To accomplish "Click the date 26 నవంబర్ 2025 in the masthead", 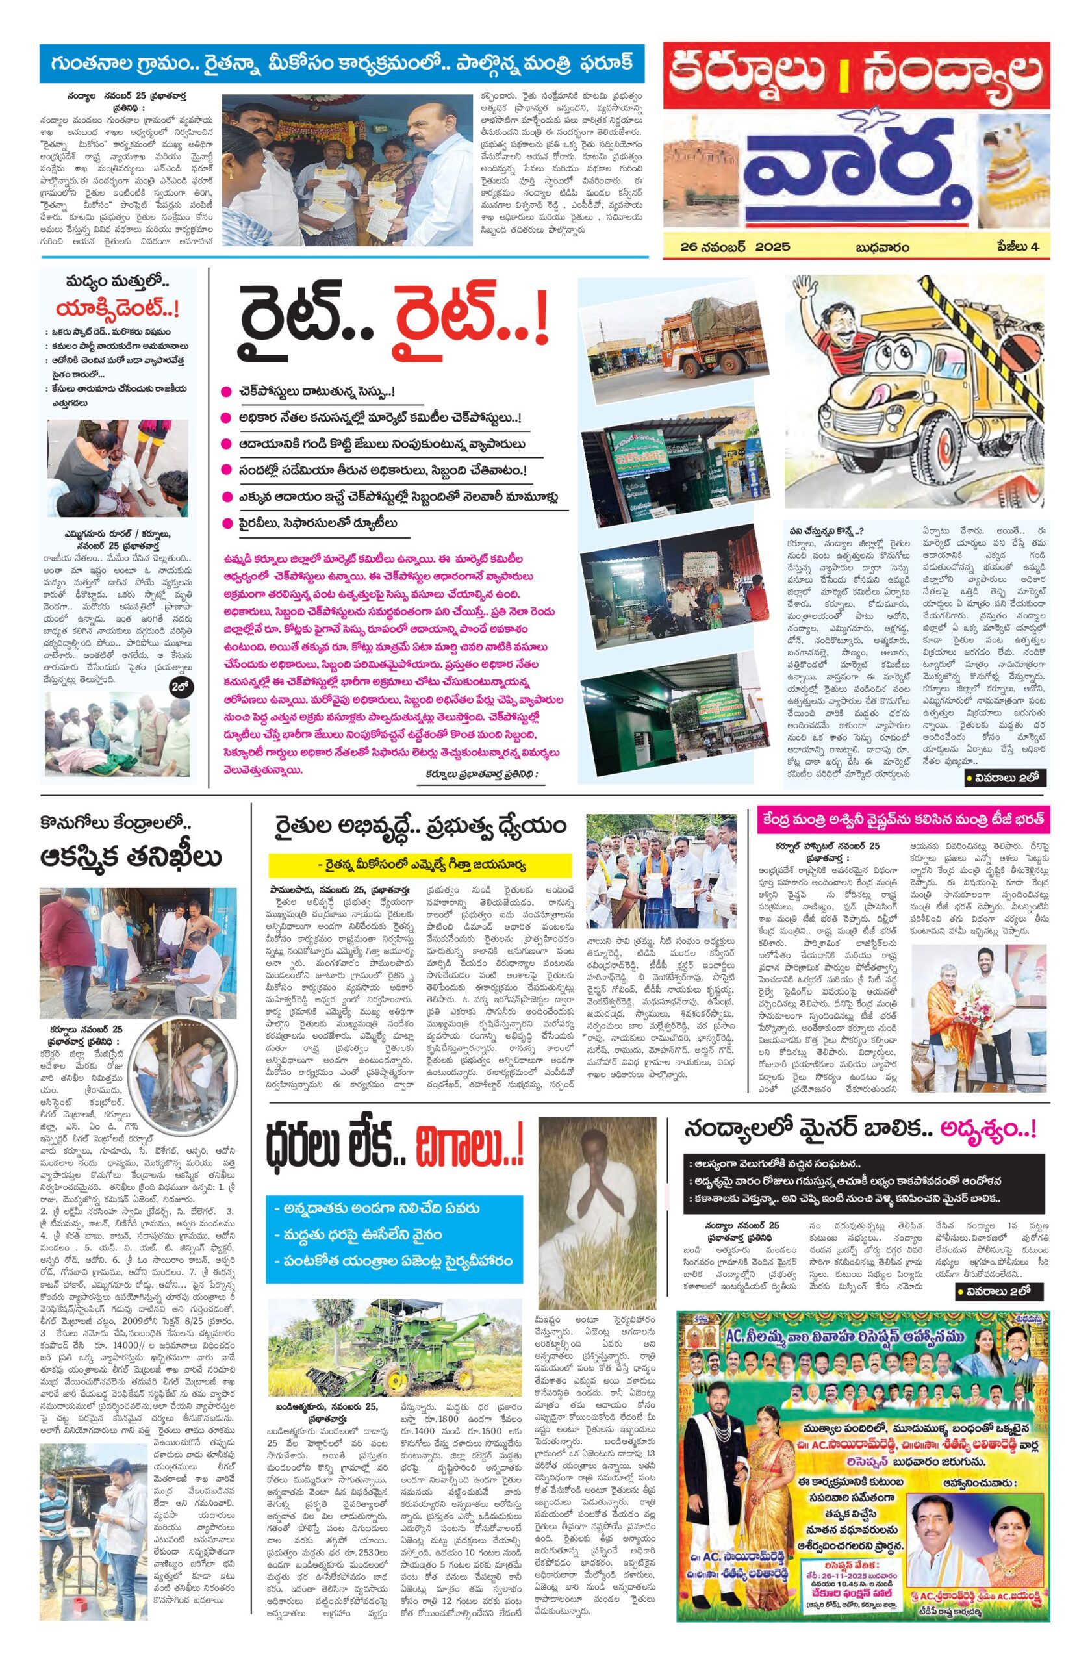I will (x=736, y=247).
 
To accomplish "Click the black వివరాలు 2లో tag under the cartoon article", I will (x=1004, y=778).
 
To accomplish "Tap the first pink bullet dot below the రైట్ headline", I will (x=225, y=391).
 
